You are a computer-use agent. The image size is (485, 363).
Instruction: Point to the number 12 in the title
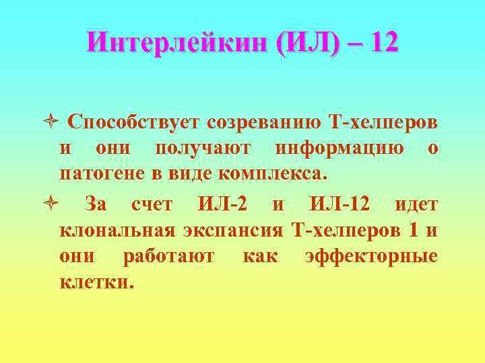pyautogui.click(x=384, y=44)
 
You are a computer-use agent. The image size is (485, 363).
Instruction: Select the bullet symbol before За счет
pyautogui.click(x=55, y=204)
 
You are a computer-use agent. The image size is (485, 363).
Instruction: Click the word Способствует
pyautogui.click(x=133, y=122)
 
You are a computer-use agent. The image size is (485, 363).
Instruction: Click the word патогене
pyautogui.click(x=96, y=174)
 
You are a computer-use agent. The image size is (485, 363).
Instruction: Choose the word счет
pyautogui.click(x=152, y=203)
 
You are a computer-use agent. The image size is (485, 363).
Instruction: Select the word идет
pyautogui.click(x=416, y=203)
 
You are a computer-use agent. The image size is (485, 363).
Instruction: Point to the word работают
pyautogui.click(x=169, y=256)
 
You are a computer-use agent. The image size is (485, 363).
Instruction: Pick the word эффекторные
pyautogui.click(x=370, y=256)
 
